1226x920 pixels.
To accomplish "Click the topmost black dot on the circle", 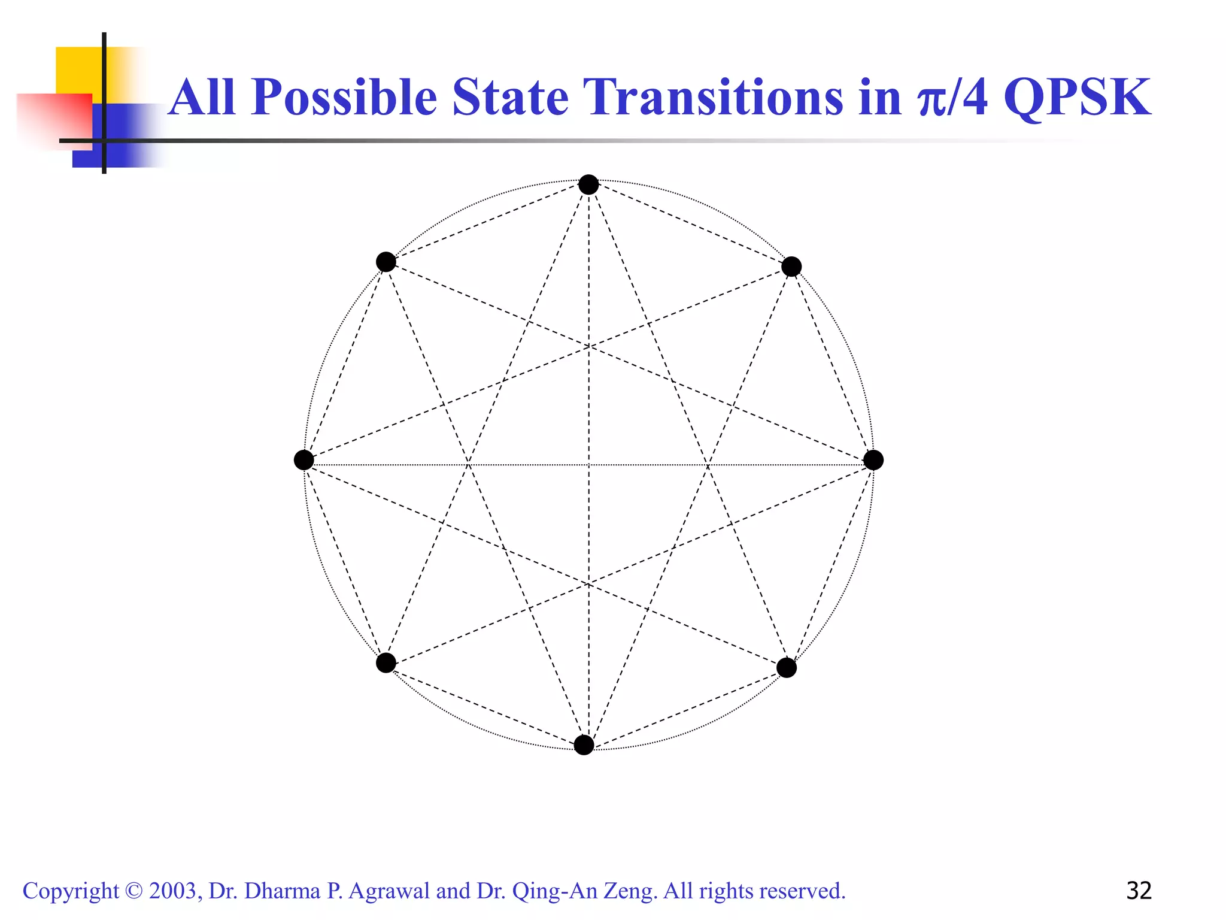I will click(x=588, y=184).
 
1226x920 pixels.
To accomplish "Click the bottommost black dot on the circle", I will click(x=584, y=745).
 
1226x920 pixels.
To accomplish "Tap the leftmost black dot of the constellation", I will click(x=304, y=460).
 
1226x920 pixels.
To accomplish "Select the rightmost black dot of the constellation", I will click(x=873, y=460).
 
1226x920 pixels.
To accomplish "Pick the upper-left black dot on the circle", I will click(x=386, y=262).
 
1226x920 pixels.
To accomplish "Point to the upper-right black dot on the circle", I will click(x=791, y=267).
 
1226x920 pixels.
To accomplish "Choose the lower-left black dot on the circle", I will click(x=386, y=663).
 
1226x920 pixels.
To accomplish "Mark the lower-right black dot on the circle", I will click(x=787, y=668).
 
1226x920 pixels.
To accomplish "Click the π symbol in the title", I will click(x=931, y=101).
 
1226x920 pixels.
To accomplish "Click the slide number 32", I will click(x=1139, y=891).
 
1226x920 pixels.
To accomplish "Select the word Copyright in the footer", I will click(x=71, y=891).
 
